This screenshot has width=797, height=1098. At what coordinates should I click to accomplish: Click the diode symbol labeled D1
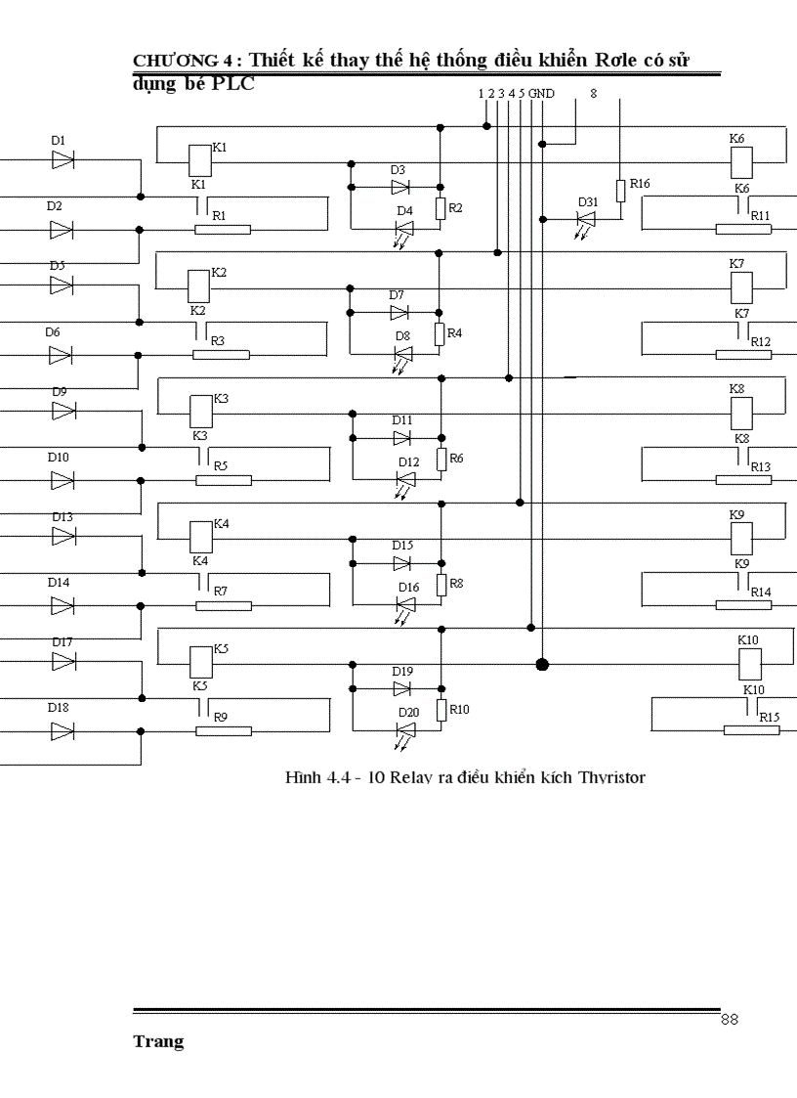pyautogui.click(x=63, y=159)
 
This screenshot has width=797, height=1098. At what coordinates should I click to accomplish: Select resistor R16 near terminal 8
pyautogui.click(x=620, y=190)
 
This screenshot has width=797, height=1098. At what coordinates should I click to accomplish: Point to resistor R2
pyautogui.click(x=440, y=208)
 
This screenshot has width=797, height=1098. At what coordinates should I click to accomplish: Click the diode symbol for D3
pyautogui.click(x=399, y=187)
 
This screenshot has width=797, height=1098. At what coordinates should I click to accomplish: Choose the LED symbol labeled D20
pyautogui.click(x=404, y=729)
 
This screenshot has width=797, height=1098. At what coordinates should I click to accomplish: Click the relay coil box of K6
pyautogui.click(x=740, y=159)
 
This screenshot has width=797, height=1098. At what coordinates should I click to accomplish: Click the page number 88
pyautogui.click(x=729, y=1020)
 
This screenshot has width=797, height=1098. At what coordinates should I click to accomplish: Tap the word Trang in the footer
pyautogui.click(x=158, y=1042)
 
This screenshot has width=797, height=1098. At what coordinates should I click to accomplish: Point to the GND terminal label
pyautogui.click(x=542, y=94)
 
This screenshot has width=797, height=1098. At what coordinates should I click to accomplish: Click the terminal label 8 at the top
pyautogui.click(x=593, y=94)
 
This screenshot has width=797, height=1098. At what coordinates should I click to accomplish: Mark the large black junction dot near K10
pyautogui.click(x=542, y=665)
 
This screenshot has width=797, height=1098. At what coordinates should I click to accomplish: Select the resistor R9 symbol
pyautogui.click(x=224, y=730)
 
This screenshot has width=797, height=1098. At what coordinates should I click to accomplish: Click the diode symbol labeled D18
pyautogui.click(x=63, y=730)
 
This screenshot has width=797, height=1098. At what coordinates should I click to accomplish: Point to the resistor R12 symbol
pyautogui.click(x=743, y=354)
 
